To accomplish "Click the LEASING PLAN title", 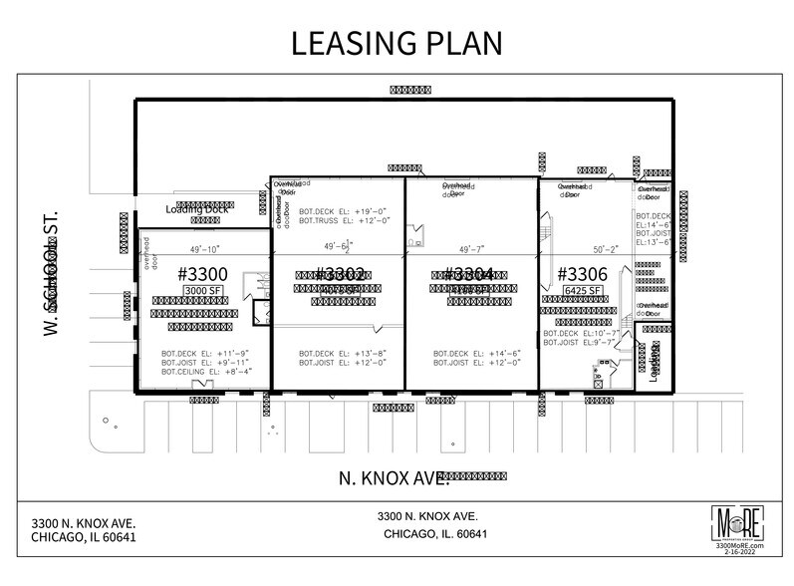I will click(x=397, y=44).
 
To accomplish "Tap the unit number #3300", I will click(x=202, y=273).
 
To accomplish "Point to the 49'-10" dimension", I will click(x=202, y=248).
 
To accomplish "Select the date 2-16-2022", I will click(x=739, y=554).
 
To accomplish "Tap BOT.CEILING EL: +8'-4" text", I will click(x=206, y=372).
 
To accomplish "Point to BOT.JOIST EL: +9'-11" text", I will click(x=206, y=362).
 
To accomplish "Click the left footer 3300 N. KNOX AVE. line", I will click(x=83, y=522).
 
